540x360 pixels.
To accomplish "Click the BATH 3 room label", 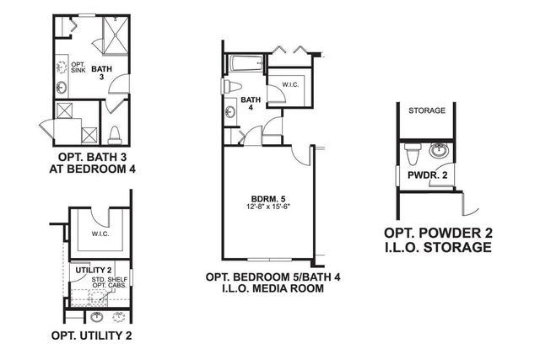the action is click(x=101, y=73).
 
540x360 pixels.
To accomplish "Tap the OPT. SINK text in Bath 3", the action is click(x=78, y=67).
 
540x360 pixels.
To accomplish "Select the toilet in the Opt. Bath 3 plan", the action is click(x=115, y=135).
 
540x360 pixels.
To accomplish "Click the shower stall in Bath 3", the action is click(x=116, y=35).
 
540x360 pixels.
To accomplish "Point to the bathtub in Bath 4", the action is click(x=246, y=64).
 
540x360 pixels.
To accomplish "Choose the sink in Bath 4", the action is click(x=230, y=111).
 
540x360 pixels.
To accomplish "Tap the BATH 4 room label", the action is click(x=251, y=103).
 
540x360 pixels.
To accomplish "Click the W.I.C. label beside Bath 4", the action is click(x=290, y=84).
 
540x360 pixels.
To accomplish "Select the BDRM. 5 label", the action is click(x=268, y=199).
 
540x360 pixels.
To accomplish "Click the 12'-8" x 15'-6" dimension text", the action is click(x=269, y=207).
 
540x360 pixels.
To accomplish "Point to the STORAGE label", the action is click(x=427, y=110).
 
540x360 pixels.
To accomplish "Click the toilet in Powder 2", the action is click(x=413, y=153).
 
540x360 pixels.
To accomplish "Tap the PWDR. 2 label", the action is click(x=428, y=175).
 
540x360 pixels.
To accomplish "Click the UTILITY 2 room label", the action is click(x=93, y=270).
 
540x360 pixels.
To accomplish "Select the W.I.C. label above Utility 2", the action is click(x=100, y=234).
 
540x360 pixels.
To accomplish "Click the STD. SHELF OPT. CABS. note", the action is click(x=110, y=282).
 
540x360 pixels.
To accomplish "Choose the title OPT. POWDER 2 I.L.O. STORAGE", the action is click(x=438, y=240).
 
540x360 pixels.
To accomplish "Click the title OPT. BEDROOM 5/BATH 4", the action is click(x=273, y=277).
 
